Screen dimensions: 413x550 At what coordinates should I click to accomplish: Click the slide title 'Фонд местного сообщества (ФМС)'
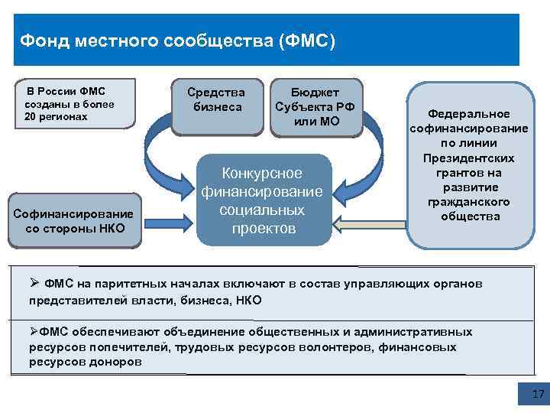coord(177,40)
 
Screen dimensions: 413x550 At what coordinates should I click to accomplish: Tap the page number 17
coord(537,395)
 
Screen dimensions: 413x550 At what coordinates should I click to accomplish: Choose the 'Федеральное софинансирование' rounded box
coord(470,164)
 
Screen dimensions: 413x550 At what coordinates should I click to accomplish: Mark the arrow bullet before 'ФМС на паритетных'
coord(33,284)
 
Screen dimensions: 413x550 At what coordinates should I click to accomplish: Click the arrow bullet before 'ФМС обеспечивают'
coord(33,332)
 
